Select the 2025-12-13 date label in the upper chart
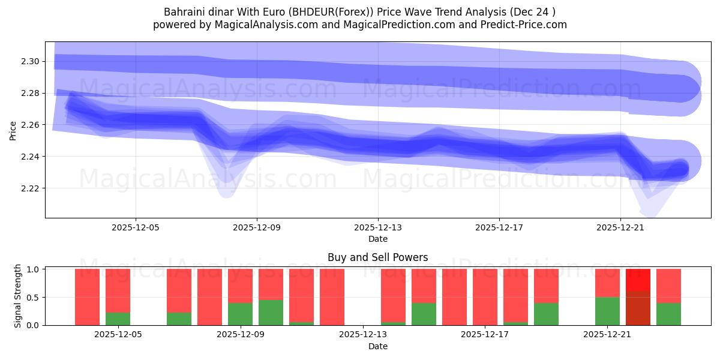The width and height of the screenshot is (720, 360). pos(378,228)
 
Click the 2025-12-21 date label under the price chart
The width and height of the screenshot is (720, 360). pos(620,228)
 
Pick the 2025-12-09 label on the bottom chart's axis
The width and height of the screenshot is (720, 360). pos(241,335)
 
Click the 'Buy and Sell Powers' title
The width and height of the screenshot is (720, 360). pos(377,257)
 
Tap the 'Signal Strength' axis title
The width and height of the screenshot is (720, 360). pos(18,296)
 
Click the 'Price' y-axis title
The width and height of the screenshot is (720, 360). pos(13,130)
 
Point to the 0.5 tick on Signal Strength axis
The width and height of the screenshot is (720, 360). pos(32,298)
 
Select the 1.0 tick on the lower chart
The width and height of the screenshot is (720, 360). pos(32,269)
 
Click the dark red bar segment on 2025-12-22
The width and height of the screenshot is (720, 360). pos(638,308)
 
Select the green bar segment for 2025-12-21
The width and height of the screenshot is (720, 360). pos(607,311)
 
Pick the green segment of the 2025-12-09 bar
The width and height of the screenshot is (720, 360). pos(240,314)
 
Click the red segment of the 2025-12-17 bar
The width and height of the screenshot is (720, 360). pos(485,296)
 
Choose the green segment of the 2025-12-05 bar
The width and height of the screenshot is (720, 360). pos(118,319)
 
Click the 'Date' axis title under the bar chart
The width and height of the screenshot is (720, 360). pos(377,346)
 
